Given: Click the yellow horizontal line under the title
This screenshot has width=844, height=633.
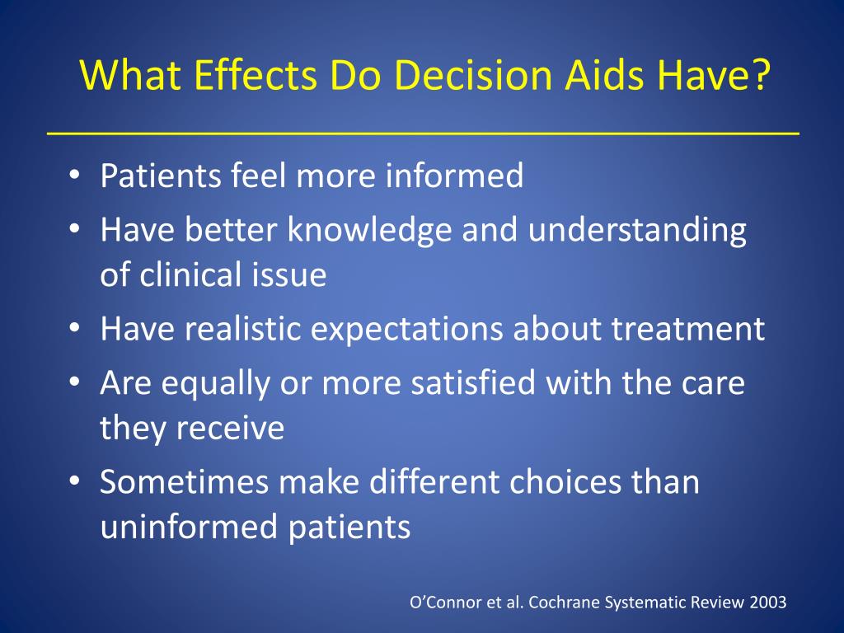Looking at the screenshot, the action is pos(423,133).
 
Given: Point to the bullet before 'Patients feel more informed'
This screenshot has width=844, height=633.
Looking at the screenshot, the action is pos(74,174).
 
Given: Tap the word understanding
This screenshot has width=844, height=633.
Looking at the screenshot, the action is pos(637,231).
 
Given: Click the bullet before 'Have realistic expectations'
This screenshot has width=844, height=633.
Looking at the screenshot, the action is pos(74,327).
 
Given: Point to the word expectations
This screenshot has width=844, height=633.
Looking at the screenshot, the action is pos(407,330).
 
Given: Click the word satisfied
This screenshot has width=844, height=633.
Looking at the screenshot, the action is pos(473,382).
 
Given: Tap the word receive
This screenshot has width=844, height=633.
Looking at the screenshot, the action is pos(230,429).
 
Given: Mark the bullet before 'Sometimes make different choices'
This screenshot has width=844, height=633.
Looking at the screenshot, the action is pos(74,481).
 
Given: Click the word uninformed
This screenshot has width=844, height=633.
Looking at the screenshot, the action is pos(189,526).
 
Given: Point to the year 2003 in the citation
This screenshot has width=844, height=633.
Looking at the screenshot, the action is pos(768,602).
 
